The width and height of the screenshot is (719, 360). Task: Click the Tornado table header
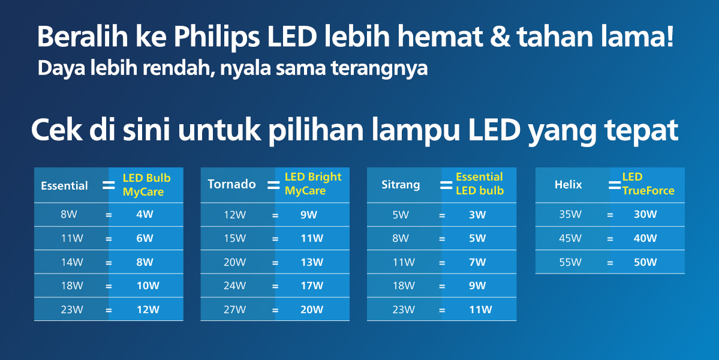click(231, 184)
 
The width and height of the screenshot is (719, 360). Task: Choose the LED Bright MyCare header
click(312, 184)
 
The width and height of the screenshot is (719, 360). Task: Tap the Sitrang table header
click(401, 184)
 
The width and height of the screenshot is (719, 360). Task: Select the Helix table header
click(568, 184)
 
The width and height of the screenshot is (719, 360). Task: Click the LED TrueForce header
click(648, 184)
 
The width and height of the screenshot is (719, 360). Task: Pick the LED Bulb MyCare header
click(146, 185)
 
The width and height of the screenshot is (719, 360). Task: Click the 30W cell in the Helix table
click(645, 214)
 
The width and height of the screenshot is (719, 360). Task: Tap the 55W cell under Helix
click(570, 262)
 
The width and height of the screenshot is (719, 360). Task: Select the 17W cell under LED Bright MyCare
click(311, 286)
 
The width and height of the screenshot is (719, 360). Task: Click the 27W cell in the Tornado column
click(234, 310)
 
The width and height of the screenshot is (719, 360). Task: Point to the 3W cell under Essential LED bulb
click(477, 215)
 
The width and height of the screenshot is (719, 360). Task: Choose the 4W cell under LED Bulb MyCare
click(145, 215)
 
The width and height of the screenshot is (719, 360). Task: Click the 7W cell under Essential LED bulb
click(477, 262)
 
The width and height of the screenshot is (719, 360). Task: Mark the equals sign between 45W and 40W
click(610, 238)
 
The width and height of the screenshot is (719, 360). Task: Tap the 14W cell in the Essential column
click(72, 262)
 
